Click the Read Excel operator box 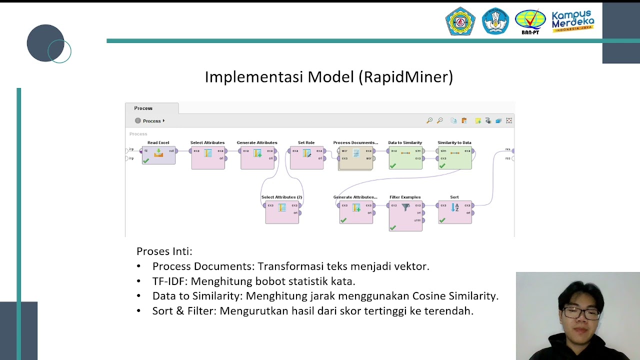(x=158, y=155)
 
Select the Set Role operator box (x=306, y=157)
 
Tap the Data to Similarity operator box (x=405, y=157)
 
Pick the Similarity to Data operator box (x=454, y=157)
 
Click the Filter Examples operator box (x=405, y=216)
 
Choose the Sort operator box (x=454, y=212)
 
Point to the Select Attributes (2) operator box (x=282, y=212)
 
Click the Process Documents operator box (x=355, y=157)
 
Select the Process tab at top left (x=143, y=108)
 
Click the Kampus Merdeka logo (x=572, y=21)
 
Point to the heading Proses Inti (x=164, y=251)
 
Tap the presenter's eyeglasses (x=581, y=313)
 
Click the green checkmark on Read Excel (x=146, y=161)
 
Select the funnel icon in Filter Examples (x=405, y=207)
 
